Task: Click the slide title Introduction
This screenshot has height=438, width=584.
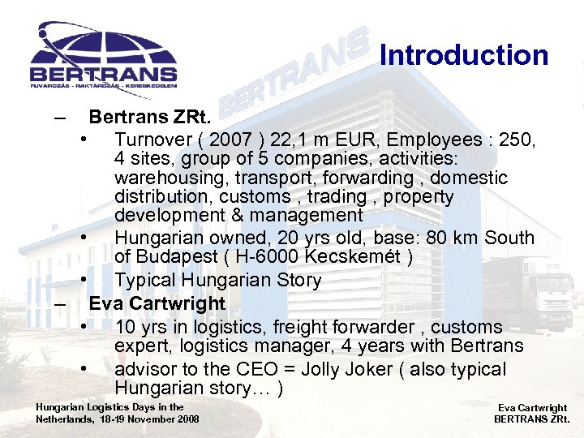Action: pos(464,55)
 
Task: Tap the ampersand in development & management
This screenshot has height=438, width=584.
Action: pos(236,216)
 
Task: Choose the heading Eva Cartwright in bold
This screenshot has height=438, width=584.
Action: pos(157,303)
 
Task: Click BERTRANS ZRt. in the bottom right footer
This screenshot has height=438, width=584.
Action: pos(532,419)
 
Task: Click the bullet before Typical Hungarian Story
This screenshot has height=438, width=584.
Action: pos(84,281)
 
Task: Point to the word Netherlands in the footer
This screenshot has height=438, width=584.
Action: pos(65,419)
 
